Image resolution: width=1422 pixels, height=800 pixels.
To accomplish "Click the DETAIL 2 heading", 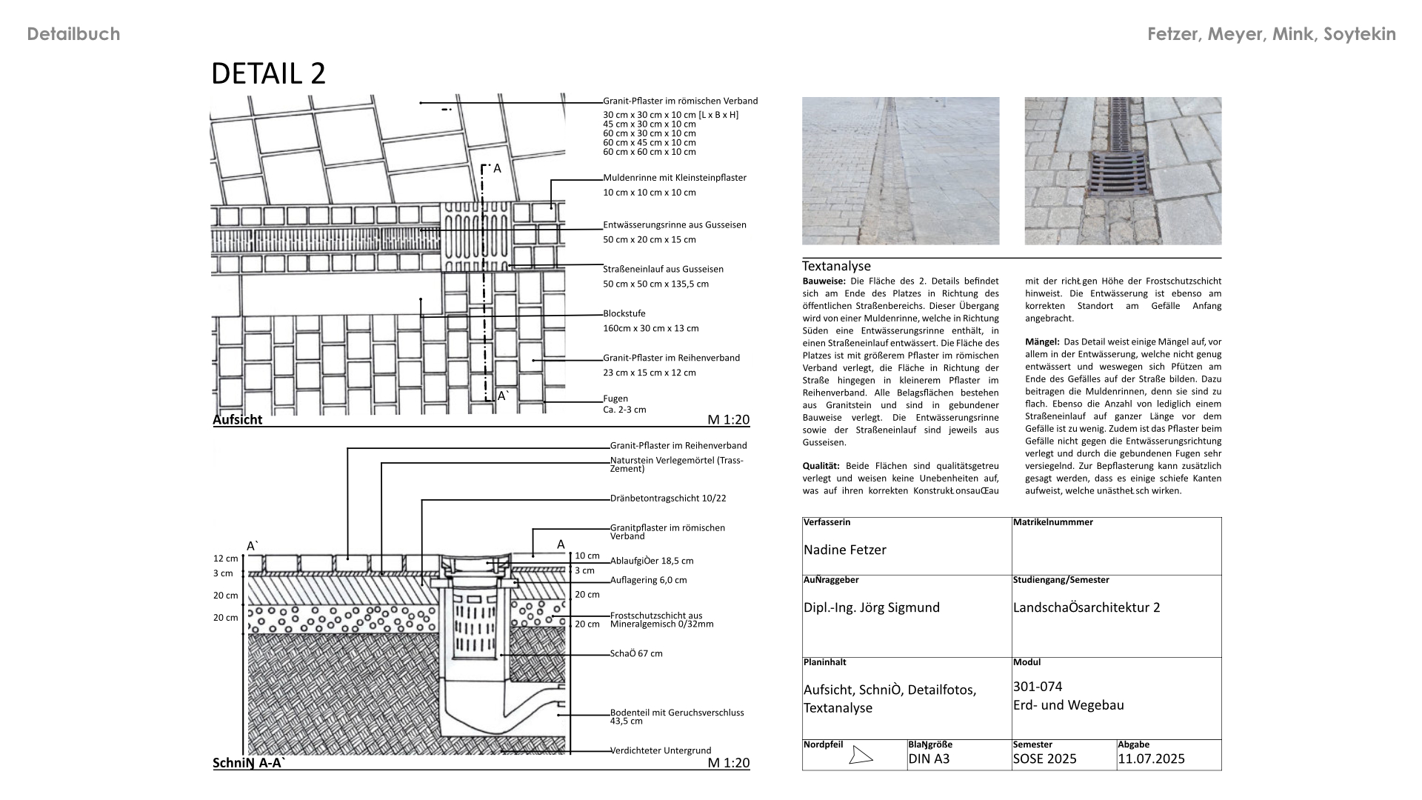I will (268, 74).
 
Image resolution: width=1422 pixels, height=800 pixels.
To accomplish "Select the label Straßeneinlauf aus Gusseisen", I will (663, 269).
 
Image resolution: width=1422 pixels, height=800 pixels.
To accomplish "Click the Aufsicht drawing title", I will (237, 419).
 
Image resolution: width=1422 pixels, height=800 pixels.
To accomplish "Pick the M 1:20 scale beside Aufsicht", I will (728, 420).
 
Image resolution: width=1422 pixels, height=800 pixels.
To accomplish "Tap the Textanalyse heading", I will (836, 266).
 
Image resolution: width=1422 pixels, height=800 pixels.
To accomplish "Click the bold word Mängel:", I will (1042, 342).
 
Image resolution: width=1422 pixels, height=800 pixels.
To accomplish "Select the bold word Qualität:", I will (821, 466).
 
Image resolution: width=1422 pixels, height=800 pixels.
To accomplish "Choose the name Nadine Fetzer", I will (844, 550).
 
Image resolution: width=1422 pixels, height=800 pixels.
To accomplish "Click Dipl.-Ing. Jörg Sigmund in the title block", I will (871, 607).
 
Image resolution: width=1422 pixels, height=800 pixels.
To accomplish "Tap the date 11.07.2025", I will (1151, 759).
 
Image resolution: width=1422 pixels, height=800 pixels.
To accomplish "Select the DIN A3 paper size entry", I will (929, 759).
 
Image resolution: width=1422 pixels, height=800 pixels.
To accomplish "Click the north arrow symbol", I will (860, 756).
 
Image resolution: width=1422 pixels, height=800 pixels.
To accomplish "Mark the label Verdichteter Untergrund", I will (660, 750).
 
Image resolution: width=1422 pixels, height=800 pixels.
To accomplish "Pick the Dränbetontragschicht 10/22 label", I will (667, 499).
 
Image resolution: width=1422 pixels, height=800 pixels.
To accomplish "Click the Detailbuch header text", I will (73, 34).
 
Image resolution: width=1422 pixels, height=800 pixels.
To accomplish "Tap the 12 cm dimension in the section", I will (225, 559).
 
